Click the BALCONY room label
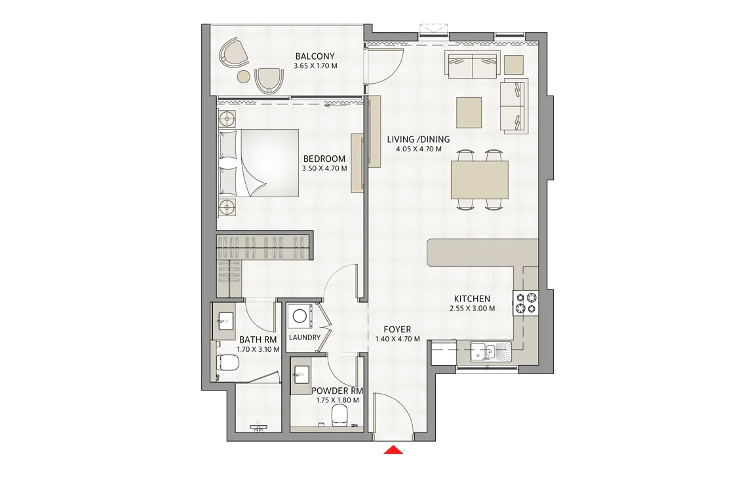(315, 56)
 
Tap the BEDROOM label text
(324, 159)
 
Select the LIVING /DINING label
(418, 140)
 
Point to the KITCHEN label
(472, 299)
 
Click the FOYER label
(397, 329)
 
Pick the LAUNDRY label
(304, 337)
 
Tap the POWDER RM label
(337, 391)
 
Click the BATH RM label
(258, 340)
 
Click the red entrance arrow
(393, 450)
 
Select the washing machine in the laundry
(300, 316)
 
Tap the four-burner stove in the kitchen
(526, 303)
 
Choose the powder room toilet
(339, 415)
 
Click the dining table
(480, 180)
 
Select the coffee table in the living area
(469, 113)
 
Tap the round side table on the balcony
(244, 76)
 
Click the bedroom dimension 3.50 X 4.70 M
(324, 168)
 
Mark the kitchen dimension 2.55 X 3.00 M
(472, 309)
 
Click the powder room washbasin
(302, 373)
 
